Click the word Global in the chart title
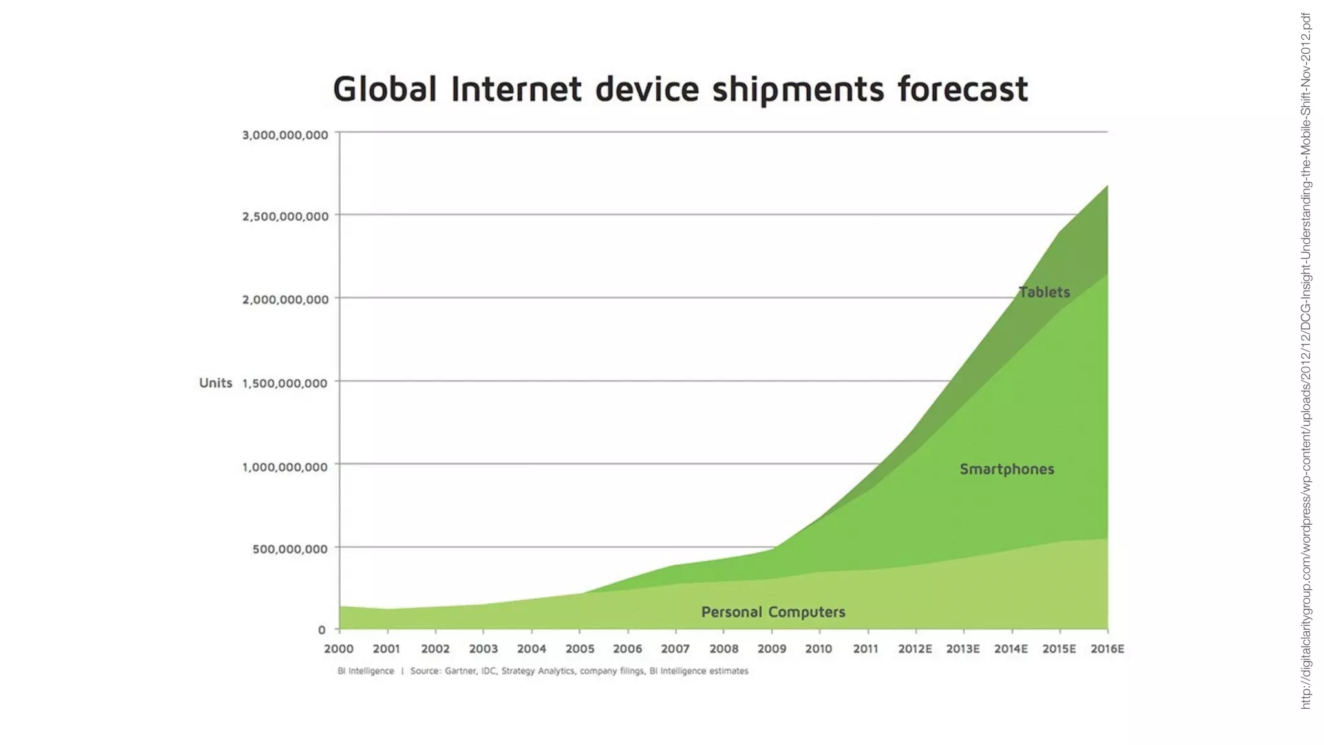click(385, 89)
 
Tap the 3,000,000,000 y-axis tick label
click(285, 135)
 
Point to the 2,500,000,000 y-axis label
click(285, 217)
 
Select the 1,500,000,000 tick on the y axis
click(285, 383)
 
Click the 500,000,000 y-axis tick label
click(290, 549)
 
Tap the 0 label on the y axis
click(321, 630)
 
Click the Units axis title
click(215, 383)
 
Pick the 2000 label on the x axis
click(339, 649)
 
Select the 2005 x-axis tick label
click(580, 649)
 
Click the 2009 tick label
click(772, 649)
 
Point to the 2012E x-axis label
click(915, 649)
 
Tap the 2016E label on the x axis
click(1107, 649)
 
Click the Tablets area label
click(1044, 292)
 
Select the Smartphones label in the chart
click(1007, 470)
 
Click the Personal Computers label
click(773, 612)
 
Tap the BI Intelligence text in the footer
click(365, 671)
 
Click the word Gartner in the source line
click(460, 671)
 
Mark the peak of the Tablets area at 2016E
click(1107, 186)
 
